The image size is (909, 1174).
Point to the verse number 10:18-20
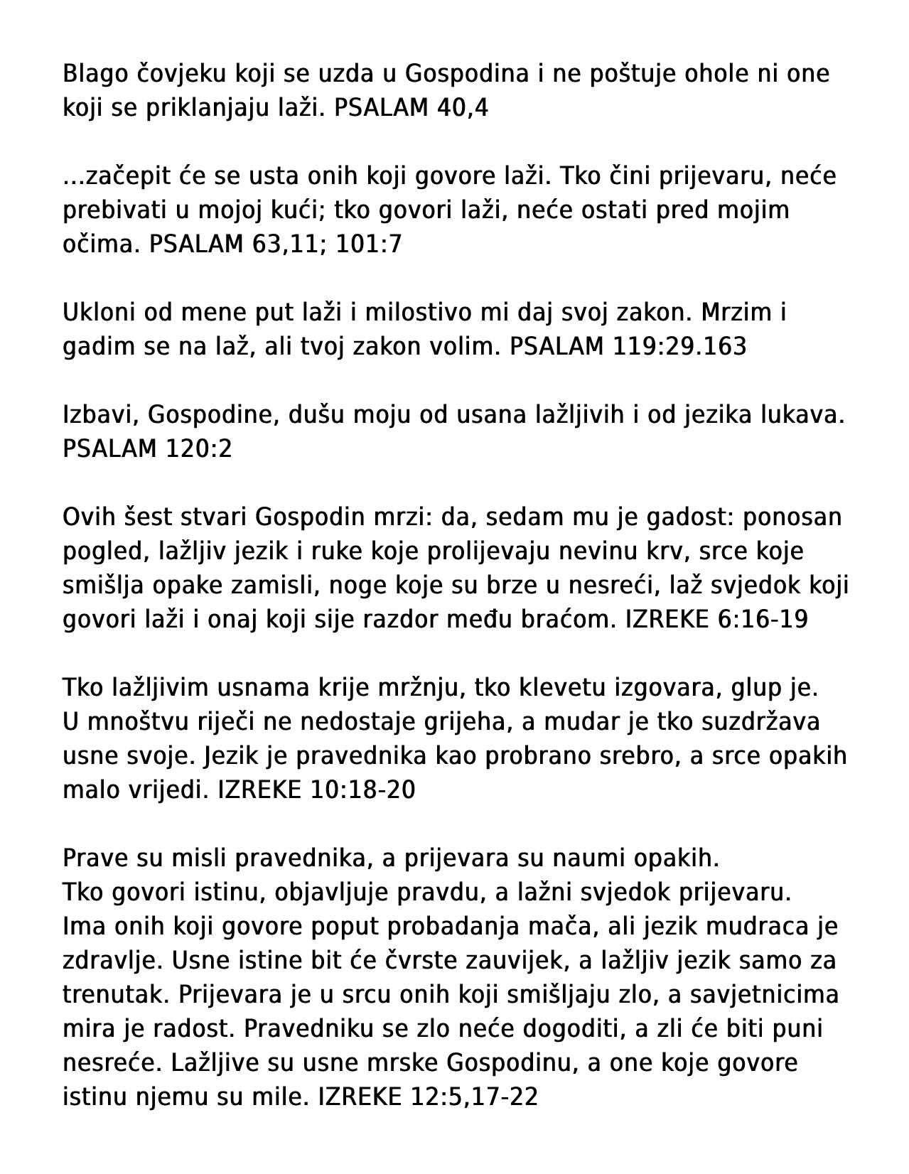[x=362, y=790]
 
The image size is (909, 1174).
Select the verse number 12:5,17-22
[x=474, y=1097]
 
